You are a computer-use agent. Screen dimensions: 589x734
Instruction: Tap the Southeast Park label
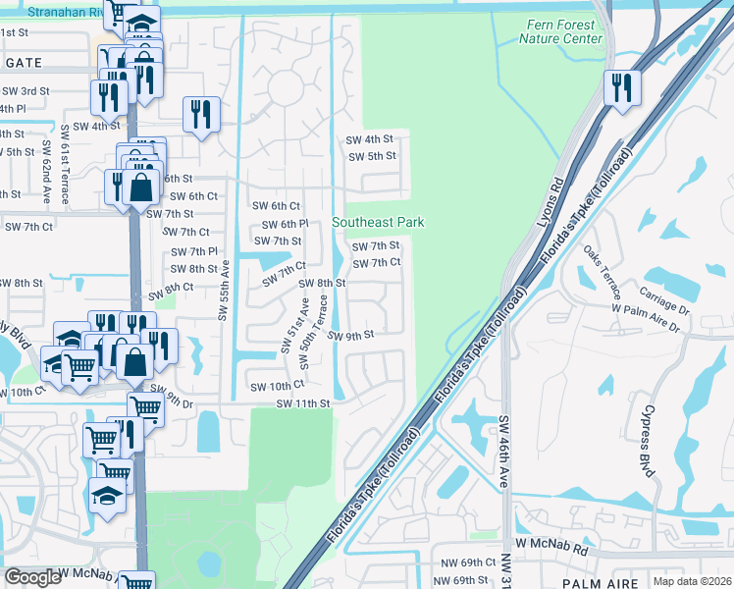point(378,223)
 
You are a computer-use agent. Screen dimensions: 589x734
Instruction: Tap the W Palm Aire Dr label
point(646,316)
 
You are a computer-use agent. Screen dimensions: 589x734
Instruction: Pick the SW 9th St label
point(351,336)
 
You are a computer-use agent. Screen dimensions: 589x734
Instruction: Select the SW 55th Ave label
point(224,290)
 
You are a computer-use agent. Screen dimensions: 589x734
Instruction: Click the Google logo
point(32,577)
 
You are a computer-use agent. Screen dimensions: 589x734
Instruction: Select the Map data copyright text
point(693,581)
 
